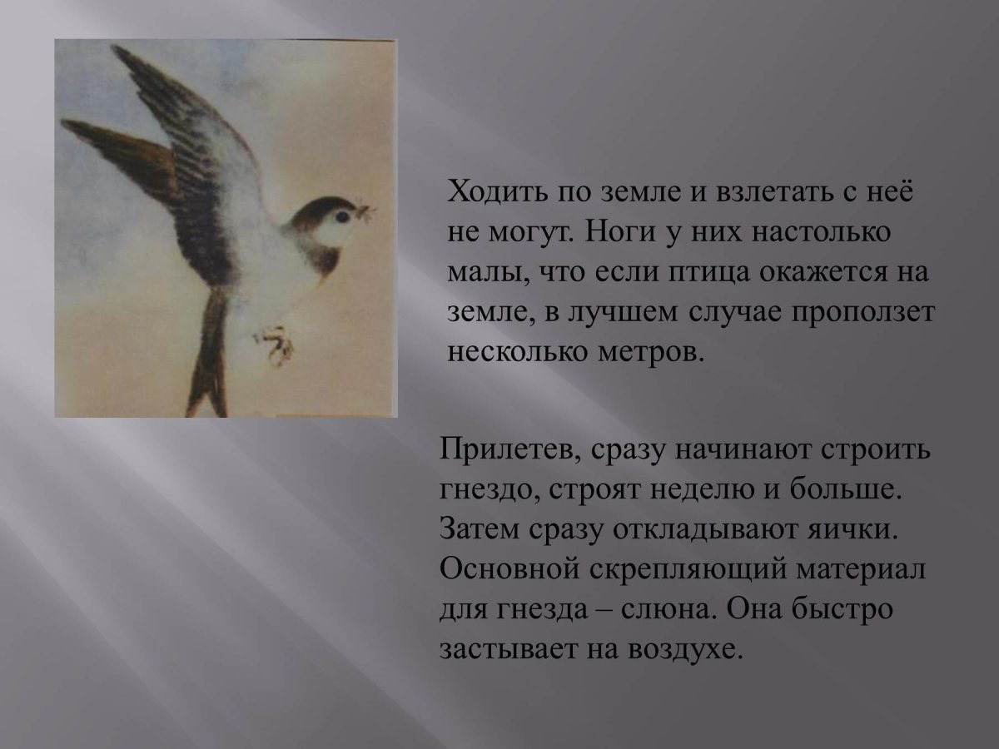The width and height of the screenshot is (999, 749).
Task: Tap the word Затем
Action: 475,530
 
